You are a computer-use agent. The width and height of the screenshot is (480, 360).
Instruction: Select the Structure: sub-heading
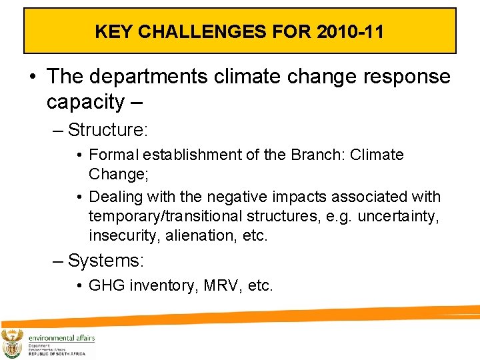click(x=106, y=129)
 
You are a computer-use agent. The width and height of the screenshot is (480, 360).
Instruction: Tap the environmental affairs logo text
click(x=61, y=338)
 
